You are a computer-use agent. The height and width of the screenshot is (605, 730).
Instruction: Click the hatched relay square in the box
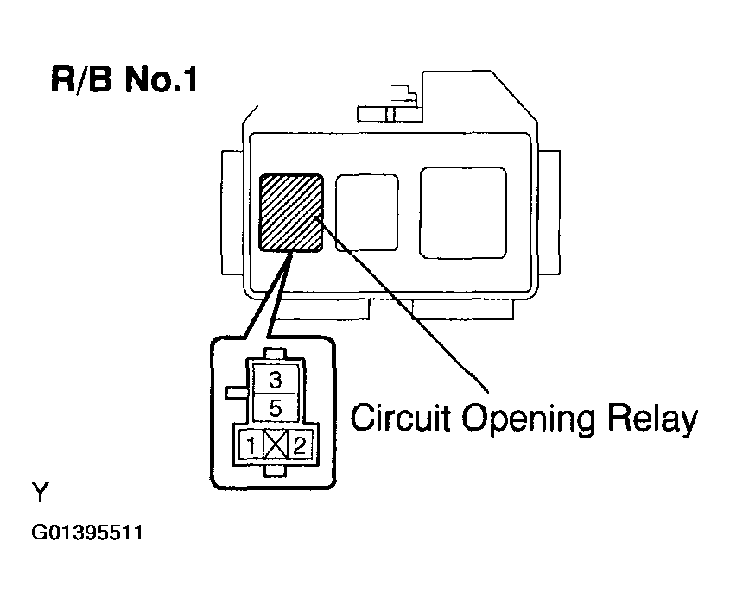tap(291, 212)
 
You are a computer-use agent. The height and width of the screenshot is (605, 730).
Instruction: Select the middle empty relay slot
tap(362, 214)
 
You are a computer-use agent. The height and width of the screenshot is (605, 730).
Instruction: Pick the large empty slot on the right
tap(462, 212)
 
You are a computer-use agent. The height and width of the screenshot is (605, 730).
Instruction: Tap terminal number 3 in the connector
tap(275, 379)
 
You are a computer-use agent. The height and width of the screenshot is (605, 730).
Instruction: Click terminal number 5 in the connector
tap(275, 407)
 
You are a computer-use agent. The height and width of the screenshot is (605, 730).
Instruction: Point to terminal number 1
tap(250, 446)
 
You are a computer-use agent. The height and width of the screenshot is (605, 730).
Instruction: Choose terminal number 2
tap(299, 446)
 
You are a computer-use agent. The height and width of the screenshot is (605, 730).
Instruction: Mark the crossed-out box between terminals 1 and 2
tap(275, 446)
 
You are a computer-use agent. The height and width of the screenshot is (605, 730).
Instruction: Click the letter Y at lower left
tap(41, 494)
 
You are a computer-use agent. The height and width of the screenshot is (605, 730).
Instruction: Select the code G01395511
tap(86, 533)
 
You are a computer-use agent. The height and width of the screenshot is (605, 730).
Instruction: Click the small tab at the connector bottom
tap(275, 470)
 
